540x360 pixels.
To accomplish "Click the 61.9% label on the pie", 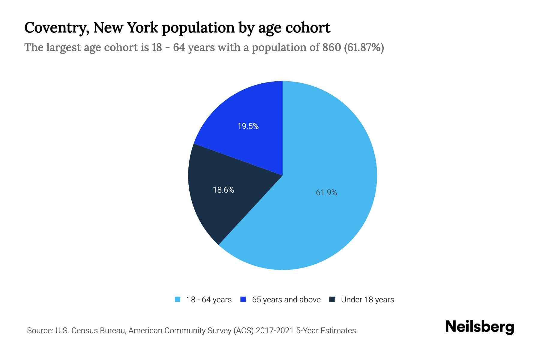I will [x=326, y=193].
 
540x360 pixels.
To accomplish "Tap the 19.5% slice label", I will [x=248, y=126].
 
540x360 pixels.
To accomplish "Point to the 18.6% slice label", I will [x=223, y=190].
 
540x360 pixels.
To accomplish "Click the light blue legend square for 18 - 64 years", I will [x=178, y=299].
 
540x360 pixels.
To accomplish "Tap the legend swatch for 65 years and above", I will [x=243, y=299].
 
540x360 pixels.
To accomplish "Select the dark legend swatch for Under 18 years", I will [x=332, y=299].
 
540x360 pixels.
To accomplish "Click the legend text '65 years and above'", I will [x=286, y=300].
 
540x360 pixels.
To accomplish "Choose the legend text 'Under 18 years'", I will [x=367, y=300].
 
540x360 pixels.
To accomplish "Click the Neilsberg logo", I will [x=479, y=327].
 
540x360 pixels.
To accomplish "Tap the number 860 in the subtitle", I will [x=331, y=47].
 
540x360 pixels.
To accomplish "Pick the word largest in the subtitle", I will [x=63, y=47].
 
